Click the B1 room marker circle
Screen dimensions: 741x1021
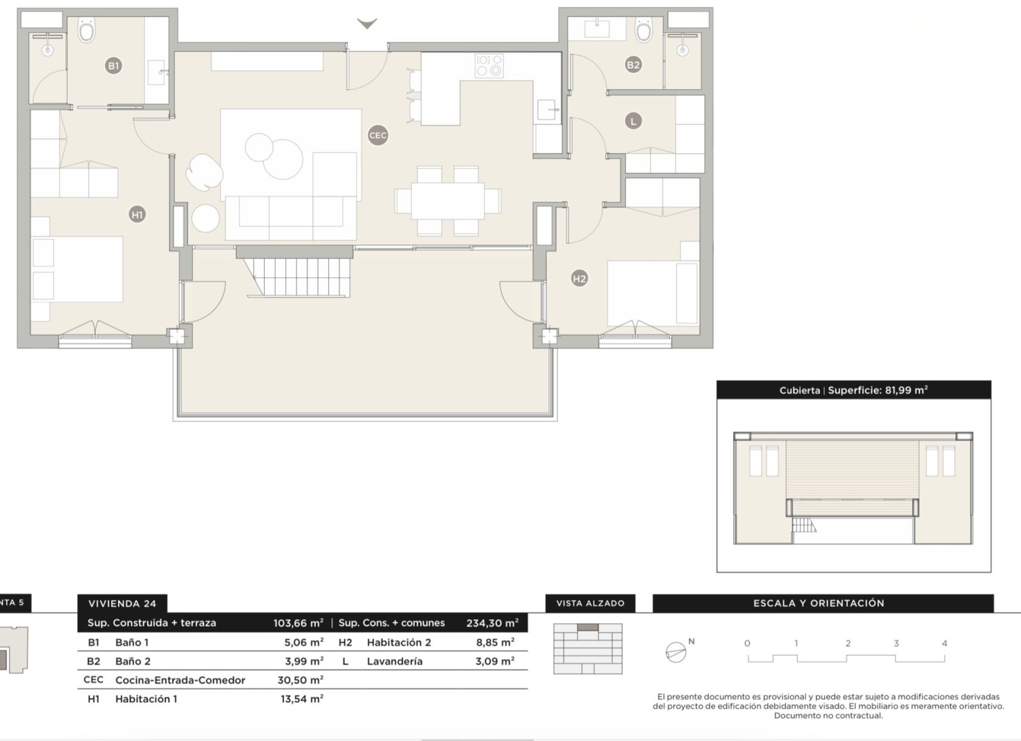[x=113, y=65]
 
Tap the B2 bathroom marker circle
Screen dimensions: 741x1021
[x=633, y=64]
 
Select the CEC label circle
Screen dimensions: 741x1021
[x=378, y=135]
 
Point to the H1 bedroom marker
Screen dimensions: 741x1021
[x=137, y=214]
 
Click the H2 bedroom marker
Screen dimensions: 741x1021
[x=579, y=278]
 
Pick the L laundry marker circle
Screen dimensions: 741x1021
[x=633, y=121]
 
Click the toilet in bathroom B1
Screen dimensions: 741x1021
[x=86, y=30]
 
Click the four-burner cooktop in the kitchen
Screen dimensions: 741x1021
[x=489, y=66]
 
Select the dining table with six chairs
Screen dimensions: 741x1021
[x=447, y=201]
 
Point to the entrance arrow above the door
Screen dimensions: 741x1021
[x=366, y=24]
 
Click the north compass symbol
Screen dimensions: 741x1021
[x=676, y=651]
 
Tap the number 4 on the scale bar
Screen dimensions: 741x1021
[x=944, y=643]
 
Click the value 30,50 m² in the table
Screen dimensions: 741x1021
[x=301, y=680]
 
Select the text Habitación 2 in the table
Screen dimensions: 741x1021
[x=399, y=643]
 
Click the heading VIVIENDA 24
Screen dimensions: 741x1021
[x=123, y=604]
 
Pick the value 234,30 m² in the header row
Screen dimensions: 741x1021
[x=493, y=623]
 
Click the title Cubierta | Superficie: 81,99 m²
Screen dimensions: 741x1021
[x=853, y=390]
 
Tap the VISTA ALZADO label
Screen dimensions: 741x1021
[x=590, y=603]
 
